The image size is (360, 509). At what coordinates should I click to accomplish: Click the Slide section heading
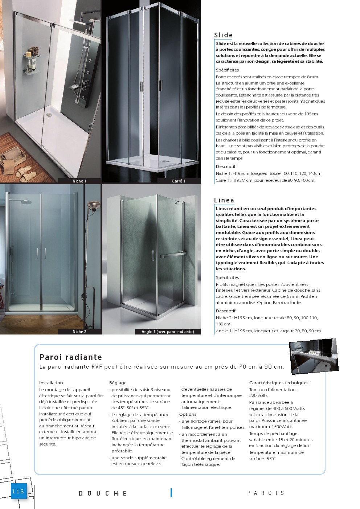[223, 35]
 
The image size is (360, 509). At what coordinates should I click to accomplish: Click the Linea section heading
[224, 200]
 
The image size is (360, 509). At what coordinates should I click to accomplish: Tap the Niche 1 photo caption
[79, 181]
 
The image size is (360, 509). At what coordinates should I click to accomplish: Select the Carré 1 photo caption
[179, 181]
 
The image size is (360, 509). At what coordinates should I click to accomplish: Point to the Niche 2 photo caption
[79, 332]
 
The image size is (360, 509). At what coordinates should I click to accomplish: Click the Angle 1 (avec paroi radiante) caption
[168, 332]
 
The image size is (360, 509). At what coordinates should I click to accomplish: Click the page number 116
[18, 492]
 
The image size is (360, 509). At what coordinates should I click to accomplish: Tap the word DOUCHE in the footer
[103, 493]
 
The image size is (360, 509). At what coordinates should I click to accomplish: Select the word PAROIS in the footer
[266, 493]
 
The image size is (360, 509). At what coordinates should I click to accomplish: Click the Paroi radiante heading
[71, 357]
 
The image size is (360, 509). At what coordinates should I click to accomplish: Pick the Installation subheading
[51, 383]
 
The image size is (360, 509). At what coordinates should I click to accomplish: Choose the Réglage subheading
[118, 383]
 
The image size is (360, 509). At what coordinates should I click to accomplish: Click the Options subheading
[188, 414]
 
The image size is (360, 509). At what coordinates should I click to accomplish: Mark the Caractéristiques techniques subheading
[278, 383]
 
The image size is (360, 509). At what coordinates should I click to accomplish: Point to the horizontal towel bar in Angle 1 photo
[173, 255]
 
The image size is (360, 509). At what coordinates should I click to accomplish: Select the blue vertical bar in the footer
[171, 492]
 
